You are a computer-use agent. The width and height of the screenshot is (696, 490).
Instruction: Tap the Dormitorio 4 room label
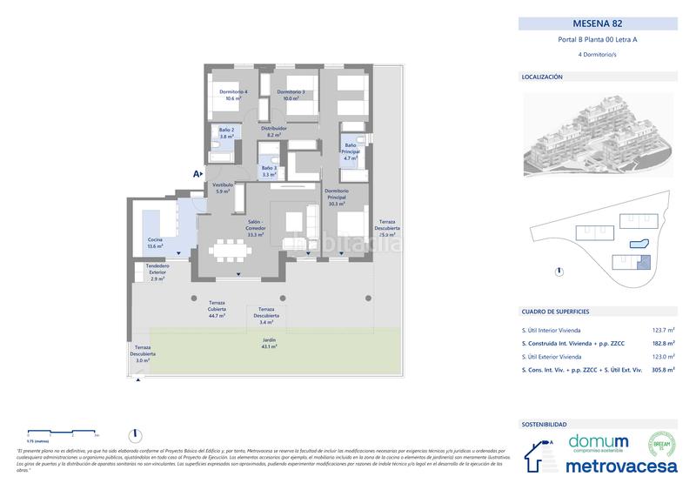pyautogui.click(x=232, y=95)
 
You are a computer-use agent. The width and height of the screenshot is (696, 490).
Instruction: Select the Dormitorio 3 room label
pyautogui.click(x=290, y=95)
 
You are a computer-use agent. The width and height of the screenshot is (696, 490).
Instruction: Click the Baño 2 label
pyautogui.click(x=226, y=133)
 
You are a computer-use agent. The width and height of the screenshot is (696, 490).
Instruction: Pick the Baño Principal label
pyautogui.click(x=351, y=151)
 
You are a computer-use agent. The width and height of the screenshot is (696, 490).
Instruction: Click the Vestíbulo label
pyautogui.click(x=224, y=188)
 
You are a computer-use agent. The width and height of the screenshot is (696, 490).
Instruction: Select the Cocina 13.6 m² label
pyautogui.click(x=155, y=243)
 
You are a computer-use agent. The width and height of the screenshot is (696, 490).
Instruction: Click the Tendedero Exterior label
pyautogui.click(x=157, y=272)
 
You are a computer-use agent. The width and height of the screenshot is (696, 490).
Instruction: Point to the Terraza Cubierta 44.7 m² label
pyautogui.click(x=217, y=308)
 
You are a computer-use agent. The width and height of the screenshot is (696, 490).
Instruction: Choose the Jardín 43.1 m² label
pyautogui.click(x=270, y=343)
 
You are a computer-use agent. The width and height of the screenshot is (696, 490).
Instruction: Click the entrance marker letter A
pyautogui.click(x=197, y=174)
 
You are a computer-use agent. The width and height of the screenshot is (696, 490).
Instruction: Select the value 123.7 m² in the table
pyautogui.click(x=662, y=331)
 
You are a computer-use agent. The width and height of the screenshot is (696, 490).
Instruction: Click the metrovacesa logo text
pyautogui.click(x=621, y=466)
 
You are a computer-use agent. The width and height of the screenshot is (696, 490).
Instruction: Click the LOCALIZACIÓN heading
pyautogui.click(x=542, y=77)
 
